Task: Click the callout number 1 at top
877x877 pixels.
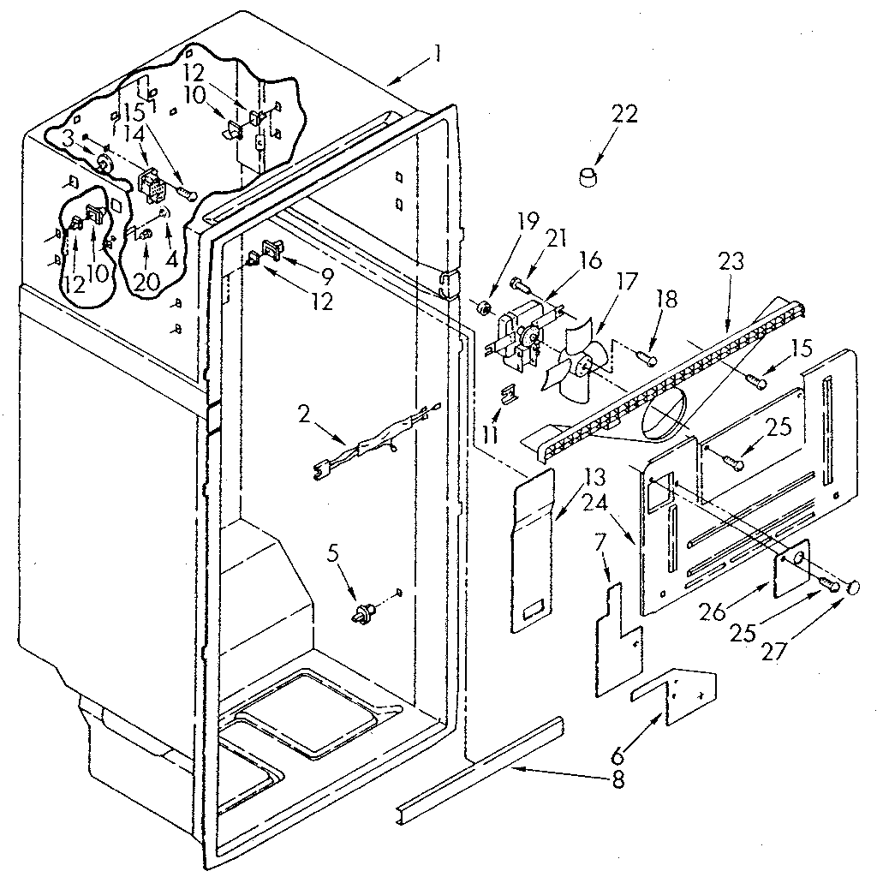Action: (x=437, y=55)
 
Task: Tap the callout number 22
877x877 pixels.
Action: (x=624, y=115)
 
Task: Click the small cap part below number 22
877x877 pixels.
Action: (x=588, y=178)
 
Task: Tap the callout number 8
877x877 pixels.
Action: (x=619, y=779)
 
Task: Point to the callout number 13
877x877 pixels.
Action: (x=570, y=475)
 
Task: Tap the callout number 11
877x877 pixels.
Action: (x=489, y=434)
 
